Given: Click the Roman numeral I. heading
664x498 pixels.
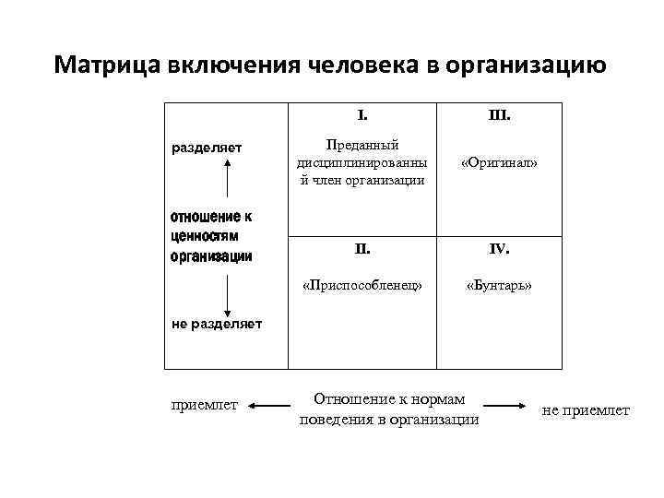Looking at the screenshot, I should (x=362, y=117).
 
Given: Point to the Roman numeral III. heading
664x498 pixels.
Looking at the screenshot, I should (x=499, y=117).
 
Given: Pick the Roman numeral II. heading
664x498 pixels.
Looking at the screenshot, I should (x=362, y=248).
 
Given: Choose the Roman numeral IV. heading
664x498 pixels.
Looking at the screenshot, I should (x=499, y=248).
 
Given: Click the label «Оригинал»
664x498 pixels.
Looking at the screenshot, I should (x=499, y=162).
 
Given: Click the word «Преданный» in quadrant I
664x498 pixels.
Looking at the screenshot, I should (x=362, y=145).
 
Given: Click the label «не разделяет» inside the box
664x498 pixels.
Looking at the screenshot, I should (x=217, y=323).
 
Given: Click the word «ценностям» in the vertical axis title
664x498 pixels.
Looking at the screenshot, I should (x=205, y=236).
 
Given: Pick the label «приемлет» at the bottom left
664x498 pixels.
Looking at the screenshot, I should (x=205, y=404).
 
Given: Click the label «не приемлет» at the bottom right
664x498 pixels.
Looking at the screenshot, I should (x=587, y=410).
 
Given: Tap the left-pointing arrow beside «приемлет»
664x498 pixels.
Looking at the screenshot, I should (x=268, y=405).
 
